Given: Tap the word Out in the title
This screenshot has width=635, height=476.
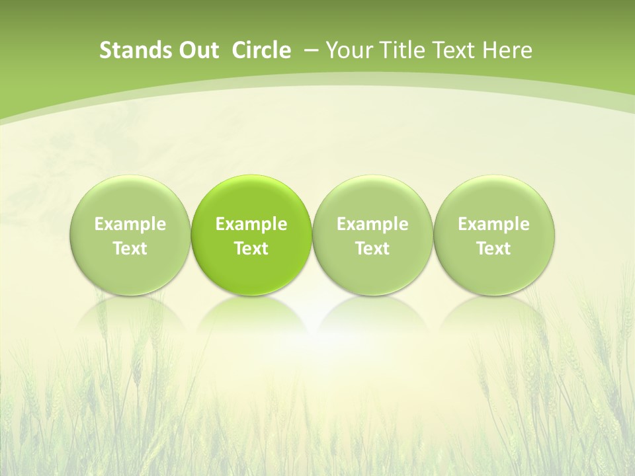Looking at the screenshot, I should (x=198, y=50).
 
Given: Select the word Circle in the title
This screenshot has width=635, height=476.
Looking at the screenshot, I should (x=261, y=50).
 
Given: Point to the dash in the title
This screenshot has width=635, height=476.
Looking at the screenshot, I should (x=309, y=50).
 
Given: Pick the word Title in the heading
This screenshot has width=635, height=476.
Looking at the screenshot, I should (x=397, y=50).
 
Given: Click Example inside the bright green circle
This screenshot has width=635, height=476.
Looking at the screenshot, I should (x=251, y=225).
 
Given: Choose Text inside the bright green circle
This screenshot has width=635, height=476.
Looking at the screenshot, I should (x=251, y=249).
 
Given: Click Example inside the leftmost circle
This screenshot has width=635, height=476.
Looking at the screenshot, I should (x=130, y=225).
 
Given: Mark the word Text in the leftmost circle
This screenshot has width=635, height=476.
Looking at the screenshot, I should (x=130, y=249).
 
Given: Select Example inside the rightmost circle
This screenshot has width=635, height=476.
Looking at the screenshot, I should (x=493, y=225).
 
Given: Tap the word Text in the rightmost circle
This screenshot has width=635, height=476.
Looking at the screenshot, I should (x=493, y=249).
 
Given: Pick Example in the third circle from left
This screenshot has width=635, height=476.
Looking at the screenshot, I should (x=372, y=225).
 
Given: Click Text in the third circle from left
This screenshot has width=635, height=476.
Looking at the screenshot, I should (x=372, y=249).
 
